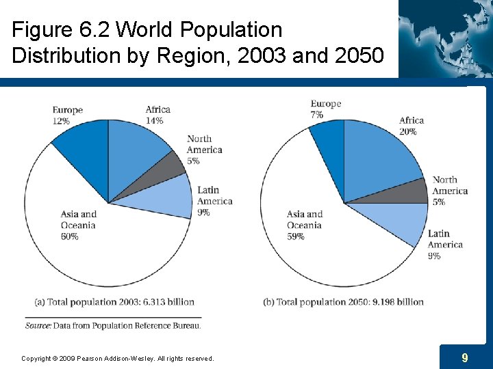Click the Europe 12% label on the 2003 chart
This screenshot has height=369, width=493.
coord(67,115)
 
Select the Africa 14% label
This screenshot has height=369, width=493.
coord(157,115)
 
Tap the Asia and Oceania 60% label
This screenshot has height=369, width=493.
coord(79,225)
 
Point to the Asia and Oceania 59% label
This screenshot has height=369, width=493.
coord(305,225)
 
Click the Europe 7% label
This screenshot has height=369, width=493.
coord(325,109)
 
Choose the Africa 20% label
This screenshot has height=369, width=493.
coord(412,126)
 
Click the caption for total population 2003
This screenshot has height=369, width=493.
coord(114,302)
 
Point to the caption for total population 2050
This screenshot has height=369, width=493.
coord(344,302)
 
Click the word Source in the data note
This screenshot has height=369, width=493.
coord(38,326)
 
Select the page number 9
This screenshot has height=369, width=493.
coord(465,357)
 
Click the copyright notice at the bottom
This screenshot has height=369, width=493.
coord(117,358)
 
